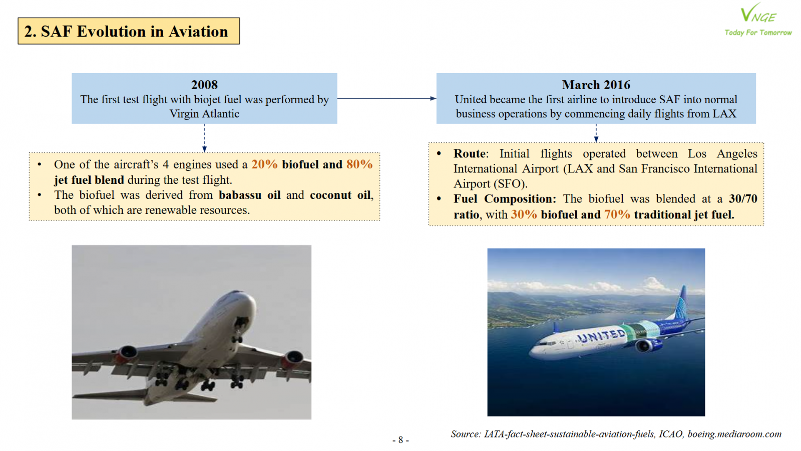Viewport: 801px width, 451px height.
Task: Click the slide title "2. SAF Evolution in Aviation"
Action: click(x=126, y=31)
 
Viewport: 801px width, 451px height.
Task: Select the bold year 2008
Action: click(x=204, y=85)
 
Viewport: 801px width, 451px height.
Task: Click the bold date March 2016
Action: click(x=596, y=85)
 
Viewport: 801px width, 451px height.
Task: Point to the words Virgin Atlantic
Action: click(x=204, y=113)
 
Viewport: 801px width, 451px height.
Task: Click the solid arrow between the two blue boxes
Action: click(x=386, y=98)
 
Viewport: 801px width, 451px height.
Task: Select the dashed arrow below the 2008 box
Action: click(x=204, y=138)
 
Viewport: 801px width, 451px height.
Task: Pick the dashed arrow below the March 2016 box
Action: click(x=596, y=133)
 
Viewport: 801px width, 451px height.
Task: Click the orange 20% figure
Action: click(x=265, y=164)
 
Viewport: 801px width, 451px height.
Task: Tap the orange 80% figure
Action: click(x=359, y=164)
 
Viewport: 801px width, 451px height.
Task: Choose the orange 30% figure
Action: click(x=524, y=214)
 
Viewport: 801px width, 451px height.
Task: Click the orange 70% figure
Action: click(x=617, y=214)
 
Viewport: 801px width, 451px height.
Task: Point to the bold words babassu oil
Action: click(x=250, y=195)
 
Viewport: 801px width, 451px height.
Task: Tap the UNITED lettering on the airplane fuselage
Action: click(x=601, y=336)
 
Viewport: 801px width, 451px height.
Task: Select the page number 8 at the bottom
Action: click(x=400, y=439)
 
